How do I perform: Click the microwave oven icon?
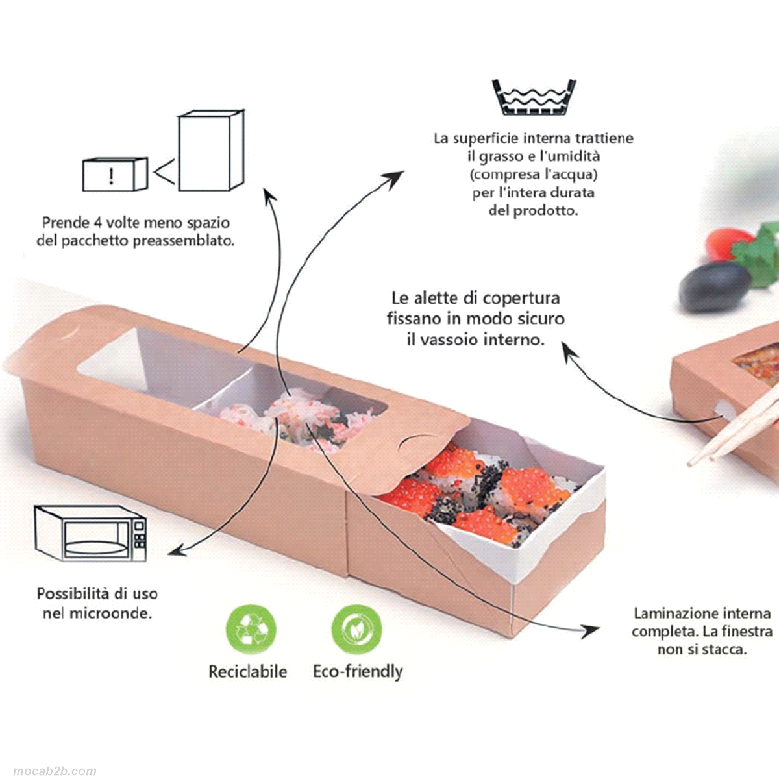point(90,533)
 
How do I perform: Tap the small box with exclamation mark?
point(114,175)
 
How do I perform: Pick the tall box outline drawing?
point(212,150)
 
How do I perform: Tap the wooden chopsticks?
point(734,424)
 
